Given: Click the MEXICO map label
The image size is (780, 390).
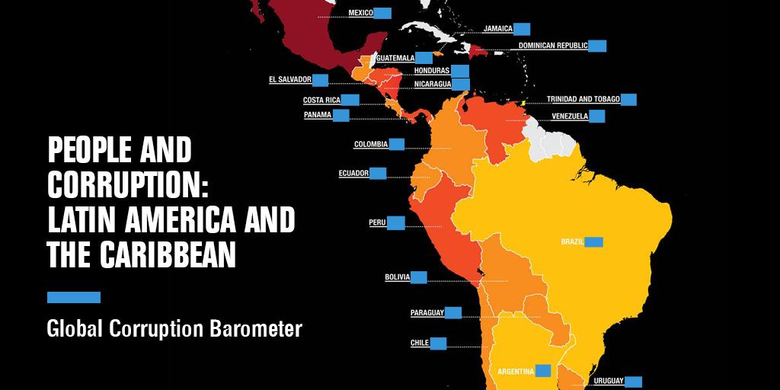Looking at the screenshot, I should pyautogui.click(x=360, y=13).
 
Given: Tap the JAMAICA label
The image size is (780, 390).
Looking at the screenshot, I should pyautogui.click(x=497, y=30).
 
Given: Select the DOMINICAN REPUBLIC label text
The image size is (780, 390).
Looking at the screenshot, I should pyautogui.click(x=553, y=46).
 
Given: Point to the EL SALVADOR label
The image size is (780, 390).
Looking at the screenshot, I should pyautogui.click(x=290, y=79).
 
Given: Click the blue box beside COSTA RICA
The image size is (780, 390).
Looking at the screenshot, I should pyautogui.click(x=350, y=100).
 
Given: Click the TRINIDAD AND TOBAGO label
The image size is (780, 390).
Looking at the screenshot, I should pyautogui.click(x=583, y=99).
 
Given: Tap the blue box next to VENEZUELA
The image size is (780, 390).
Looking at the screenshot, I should pyautogui.click(x=597, y=117).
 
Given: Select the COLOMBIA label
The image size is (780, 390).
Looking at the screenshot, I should pyautogui.click(x=371, y=144).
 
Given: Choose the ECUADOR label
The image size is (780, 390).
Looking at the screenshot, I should pyautogui.click(x=353, y=174).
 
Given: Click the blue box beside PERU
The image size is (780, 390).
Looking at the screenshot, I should pyautogui.click(x=396, y=222).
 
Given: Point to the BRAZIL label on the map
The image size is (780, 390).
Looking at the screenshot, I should pyautogui.click(x=572, y=241).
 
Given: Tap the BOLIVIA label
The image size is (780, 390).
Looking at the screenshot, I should pyautogui.click(x=398, y=277).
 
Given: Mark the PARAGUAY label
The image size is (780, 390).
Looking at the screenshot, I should pyautogui.click(x=427, y=313).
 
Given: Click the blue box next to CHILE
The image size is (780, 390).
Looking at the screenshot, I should pyautogui.click(x=438, y=343).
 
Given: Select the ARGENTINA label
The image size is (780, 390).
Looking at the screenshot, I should pyautogui.click(x=516, y=371).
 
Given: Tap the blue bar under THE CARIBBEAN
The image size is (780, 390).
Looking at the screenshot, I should pyautogui.click(x=74, y=297).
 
